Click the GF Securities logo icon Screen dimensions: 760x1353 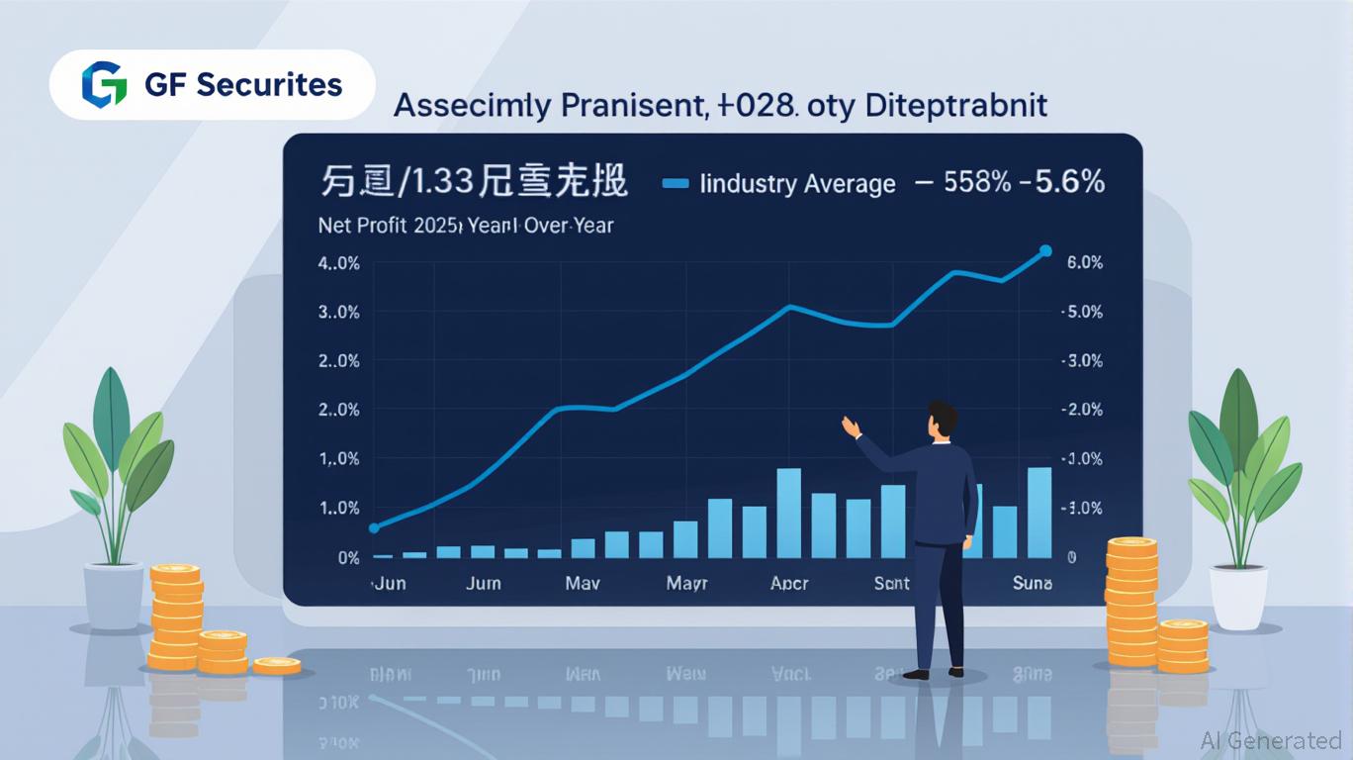pyautogui.click(x=104, y=84)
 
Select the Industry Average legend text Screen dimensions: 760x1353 pyautogui.click(x=797, y=183)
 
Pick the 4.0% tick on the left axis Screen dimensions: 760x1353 pyautogui.click(x=338, y=263)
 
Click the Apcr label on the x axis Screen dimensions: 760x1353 pyautogui.click(x=789, y=583)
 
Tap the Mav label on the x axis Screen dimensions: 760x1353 pyautogui.click(x=582, y=583)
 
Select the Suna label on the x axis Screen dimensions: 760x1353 pyautogui.click(x=1033, y=583)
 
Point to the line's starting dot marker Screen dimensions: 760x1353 pyautogui.click(x=374, y=528)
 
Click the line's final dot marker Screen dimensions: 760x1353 pyautogui.click(x=1046, y=251)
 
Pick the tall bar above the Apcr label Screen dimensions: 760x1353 pyautogui.click(x=788, y=513)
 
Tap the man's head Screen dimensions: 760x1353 pyautogui.click(x=943, y=418)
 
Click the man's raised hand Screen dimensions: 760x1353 pyautogui.click(x=850, y=427)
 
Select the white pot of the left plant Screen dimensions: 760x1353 pyautogui.click(x=114, y=596)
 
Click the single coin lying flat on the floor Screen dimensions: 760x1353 pyautogui.click(x=276, y=665)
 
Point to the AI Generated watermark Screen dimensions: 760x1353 pyautogui.click(x=1270, y=740)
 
